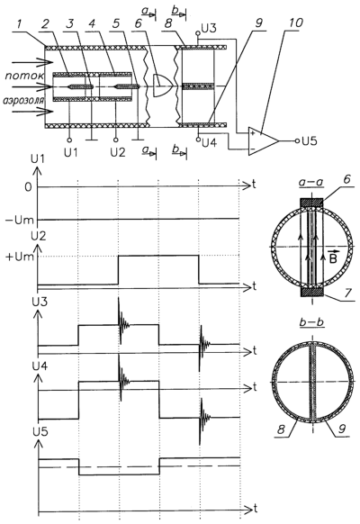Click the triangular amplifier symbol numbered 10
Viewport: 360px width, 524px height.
(x=262, y=141)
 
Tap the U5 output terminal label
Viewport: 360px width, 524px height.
(x=309, y=141)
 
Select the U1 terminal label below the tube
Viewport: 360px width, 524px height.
(x=70, y=152)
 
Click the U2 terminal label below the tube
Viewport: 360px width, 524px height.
(x=118, y=152)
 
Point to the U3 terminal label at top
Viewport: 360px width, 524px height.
(x=209, y=28)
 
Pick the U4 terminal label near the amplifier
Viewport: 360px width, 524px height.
(x=209, y=143)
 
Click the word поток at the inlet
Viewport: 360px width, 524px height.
(x=24, y=76)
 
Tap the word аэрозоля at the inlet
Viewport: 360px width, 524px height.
(x=23, y=100)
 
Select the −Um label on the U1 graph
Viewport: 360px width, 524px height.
(x=20, y=221)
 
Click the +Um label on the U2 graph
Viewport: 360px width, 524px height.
(x=20, y=257)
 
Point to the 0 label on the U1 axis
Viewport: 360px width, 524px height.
(x=28, y=187)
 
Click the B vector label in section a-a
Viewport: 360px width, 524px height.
(x=333, y=257)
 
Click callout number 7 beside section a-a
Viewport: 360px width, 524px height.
(x=347, y=293)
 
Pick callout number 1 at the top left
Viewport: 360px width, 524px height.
(x=20, y=24)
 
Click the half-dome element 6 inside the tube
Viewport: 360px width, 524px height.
(x=163, y=86)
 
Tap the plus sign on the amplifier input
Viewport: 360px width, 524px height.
(x=253, y=134)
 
